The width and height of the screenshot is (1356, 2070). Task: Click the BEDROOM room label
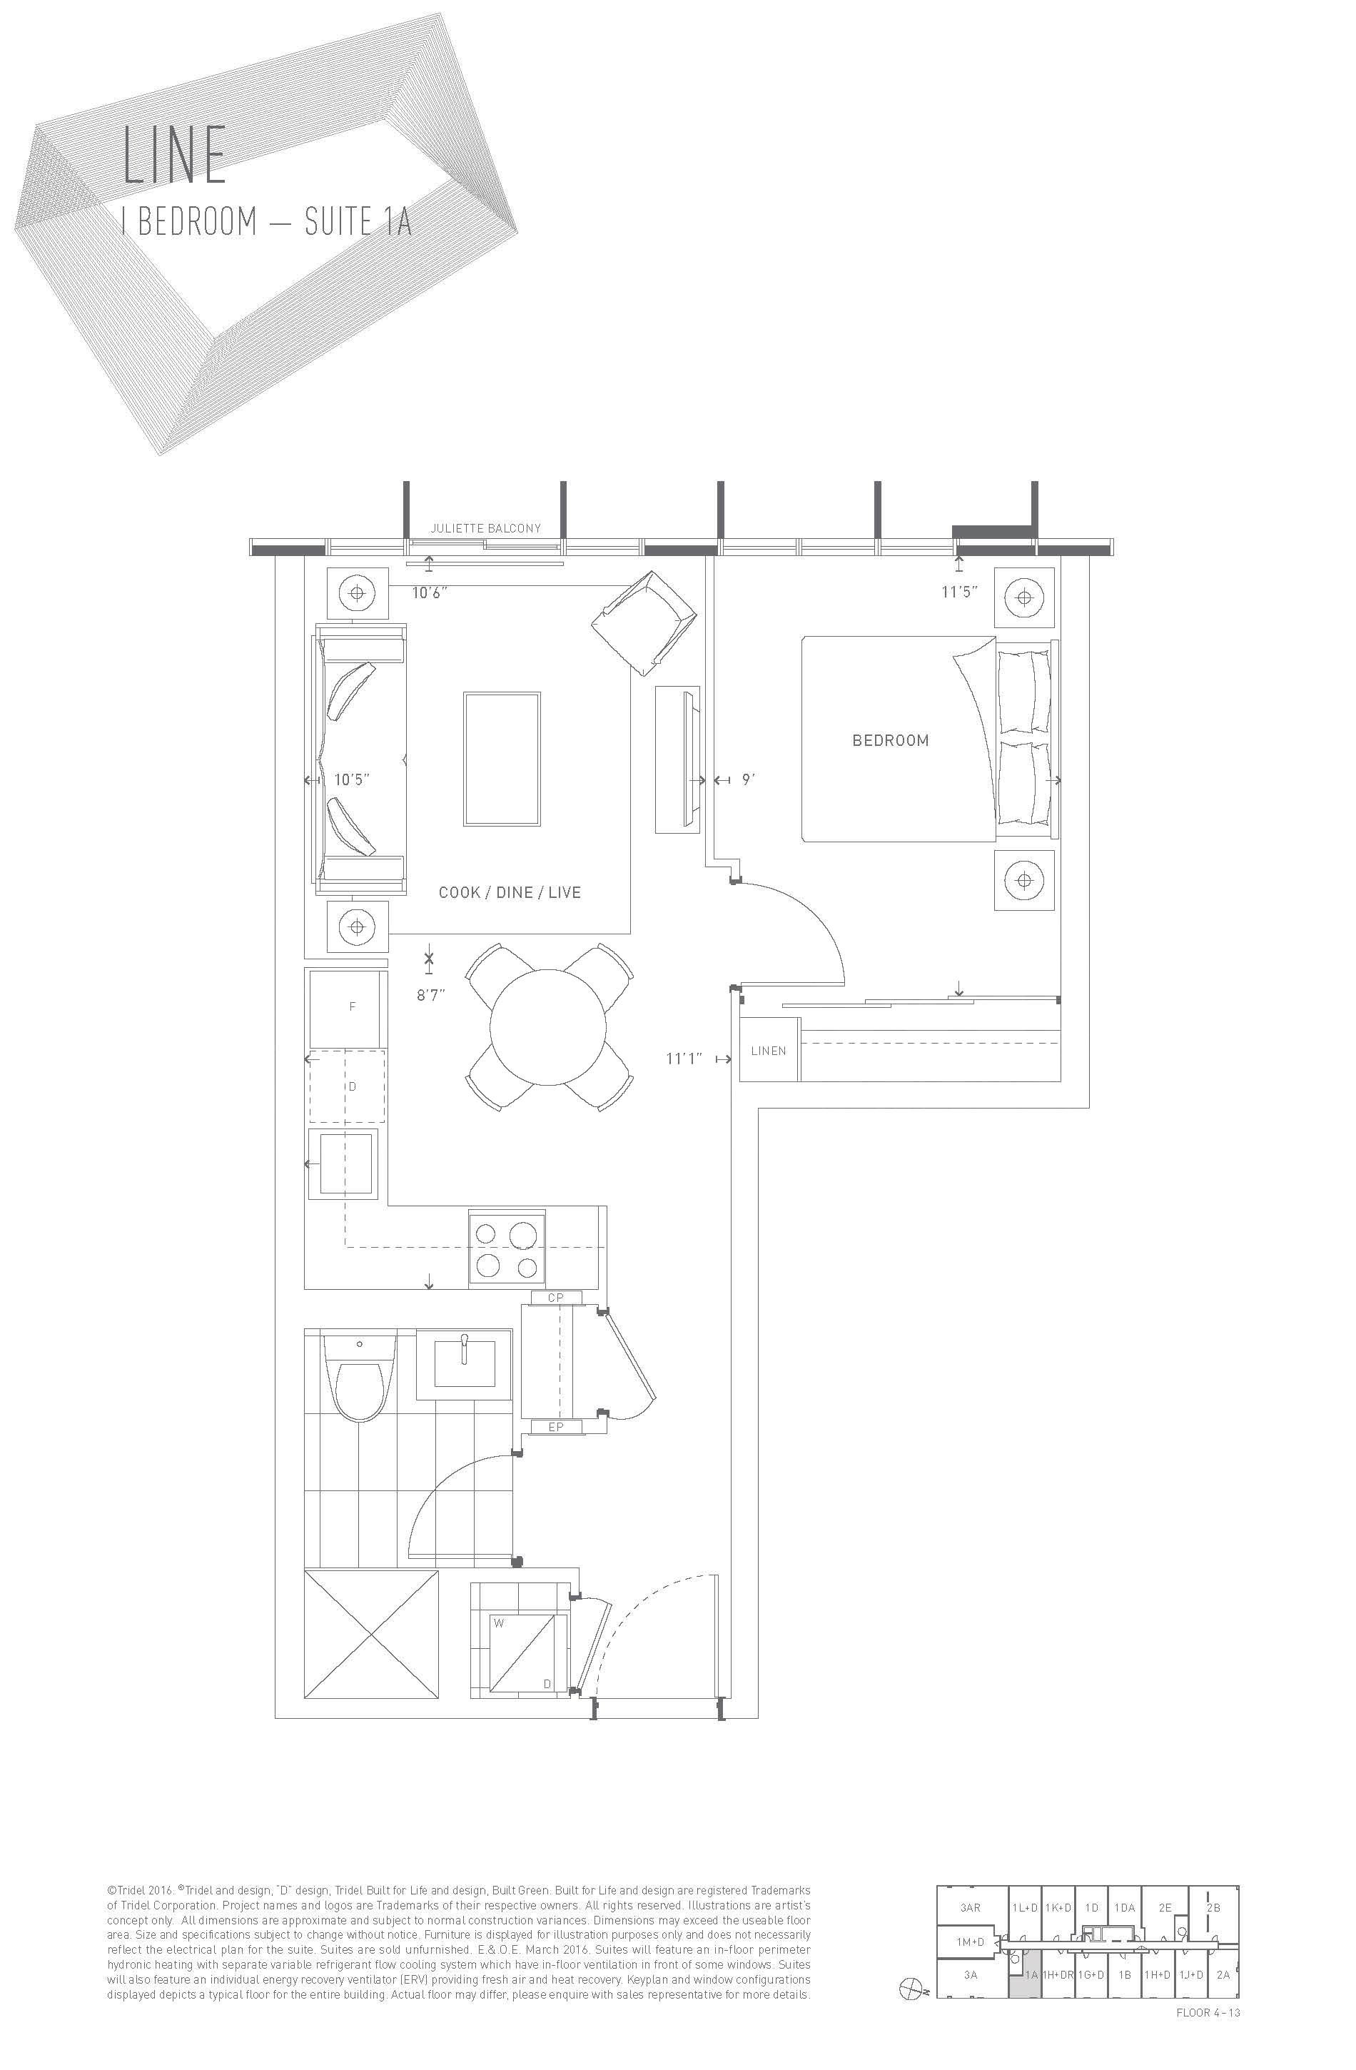coord(890,741)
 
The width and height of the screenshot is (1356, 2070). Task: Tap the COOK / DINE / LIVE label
coord(510,892)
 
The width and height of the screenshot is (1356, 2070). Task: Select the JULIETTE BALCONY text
coord(485,528)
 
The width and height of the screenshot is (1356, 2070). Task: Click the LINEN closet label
coord(768,1051)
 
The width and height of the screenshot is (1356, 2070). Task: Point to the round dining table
coord(548,1026)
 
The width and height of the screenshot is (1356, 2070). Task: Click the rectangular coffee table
coord(502,759)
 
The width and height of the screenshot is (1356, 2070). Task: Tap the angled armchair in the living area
coord(644,622)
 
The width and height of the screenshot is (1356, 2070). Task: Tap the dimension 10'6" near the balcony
coord(430,593)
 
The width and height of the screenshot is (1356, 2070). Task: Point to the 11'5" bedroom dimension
coord(959,592)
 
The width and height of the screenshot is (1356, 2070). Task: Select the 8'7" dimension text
coord(430,995)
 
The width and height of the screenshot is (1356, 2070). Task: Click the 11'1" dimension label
coord(684,1059)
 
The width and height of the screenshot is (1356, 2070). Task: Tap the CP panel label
coord(556,1297)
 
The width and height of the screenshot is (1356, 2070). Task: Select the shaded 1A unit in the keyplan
coord(1025,1974)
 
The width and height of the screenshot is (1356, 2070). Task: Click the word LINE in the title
coord(175,155)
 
